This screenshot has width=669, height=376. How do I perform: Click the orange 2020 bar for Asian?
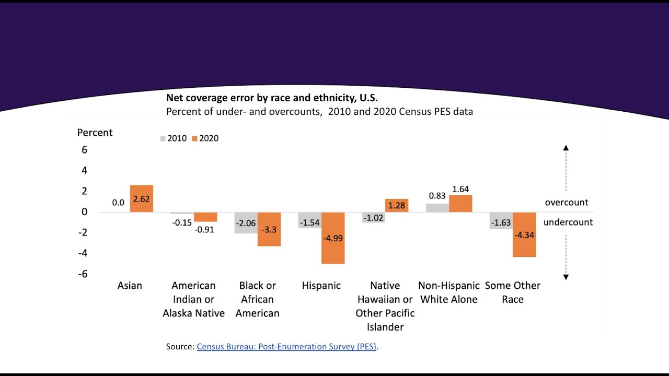pos(142,198)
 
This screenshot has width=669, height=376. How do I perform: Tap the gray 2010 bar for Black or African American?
pos(246,223)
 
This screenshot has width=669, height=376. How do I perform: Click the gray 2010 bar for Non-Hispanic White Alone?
pos(437,208)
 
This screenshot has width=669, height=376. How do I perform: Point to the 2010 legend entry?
pos(173,138)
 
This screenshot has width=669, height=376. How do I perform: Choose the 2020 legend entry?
pos(205,138)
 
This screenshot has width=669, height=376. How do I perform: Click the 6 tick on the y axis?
pos(84,150)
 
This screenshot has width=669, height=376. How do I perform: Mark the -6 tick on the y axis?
pos(83,274)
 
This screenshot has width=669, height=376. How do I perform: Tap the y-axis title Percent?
pos(95,133)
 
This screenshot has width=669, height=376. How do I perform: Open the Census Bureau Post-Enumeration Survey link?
pos(286,346)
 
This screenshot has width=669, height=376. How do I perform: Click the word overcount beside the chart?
pos(567,202)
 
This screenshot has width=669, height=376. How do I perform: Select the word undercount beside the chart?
pos(568,222)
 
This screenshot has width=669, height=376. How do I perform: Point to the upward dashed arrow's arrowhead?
pos(566,148)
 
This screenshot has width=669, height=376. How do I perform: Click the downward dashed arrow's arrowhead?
pos(566,277)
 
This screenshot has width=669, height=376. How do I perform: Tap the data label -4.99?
pos(333,238)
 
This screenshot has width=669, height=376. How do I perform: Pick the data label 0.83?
pos(437,196)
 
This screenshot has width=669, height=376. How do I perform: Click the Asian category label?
pos(130,286)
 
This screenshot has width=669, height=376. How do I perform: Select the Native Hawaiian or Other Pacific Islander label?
pos(385,306)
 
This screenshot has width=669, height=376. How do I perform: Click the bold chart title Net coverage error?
pos(272,98)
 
